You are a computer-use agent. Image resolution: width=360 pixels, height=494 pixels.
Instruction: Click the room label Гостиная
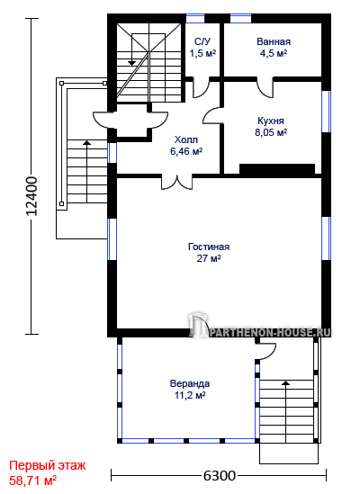click(209, 247)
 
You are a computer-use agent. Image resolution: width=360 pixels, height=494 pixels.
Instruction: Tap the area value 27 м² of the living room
click(209, 258)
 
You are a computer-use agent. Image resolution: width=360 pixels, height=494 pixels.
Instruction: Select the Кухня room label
click(271, 121)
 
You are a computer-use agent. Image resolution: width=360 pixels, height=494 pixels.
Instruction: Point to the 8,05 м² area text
click(271, 132)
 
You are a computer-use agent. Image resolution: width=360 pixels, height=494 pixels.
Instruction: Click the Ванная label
click(274, 41)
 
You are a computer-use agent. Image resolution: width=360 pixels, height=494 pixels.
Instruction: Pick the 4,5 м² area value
click(274, 53)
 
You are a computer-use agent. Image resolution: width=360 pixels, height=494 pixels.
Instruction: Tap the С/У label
click(202, 41)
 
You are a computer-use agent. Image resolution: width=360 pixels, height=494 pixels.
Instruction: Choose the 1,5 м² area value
click(202, 53)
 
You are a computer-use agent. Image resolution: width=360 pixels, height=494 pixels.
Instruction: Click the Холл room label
click(186, 139)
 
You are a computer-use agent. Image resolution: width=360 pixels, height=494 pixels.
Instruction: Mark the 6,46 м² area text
click(186, 151)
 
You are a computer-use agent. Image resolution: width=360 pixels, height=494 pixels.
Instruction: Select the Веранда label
click(190, 383)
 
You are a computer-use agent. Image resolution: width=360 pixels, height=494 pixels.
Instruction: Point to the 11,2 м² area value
click(190, 395)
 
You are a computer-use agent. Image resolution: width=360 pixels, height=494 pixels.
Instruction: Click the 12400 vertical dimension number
click(31, 196)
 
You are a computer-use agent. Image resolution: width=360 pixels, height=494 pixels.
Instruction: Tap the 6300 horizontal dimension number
click(219, 476)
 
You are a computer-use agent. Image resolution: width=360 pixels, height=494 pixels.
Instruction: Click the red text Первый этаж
click(48, 465)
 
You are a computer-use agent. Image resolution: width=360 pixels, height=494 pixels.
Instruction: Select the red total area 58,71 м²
click(32, 481)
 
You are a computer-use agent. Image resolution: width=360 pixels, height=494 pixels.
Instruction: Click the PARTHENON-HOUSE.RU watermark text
click(270, 332)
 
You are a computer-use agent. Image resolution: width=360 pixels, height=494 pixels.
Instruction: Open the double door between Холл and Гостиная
click(176, 182)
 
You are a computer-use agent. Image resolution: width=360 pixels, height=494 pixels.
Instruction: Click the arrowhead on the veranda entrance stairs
click(286, 382)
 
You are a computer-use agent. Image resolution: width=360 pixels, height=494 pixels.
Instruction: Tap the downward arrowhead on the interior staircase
click(131, 63)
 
